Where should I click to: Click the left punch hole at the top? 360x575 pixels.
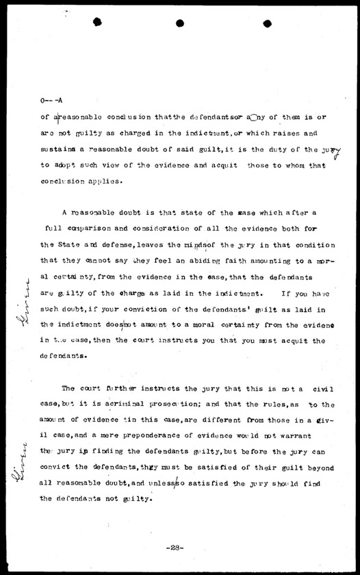(x=98, y=23)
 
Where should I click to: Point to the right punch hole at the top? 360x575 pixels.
(x=263, y=23)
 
